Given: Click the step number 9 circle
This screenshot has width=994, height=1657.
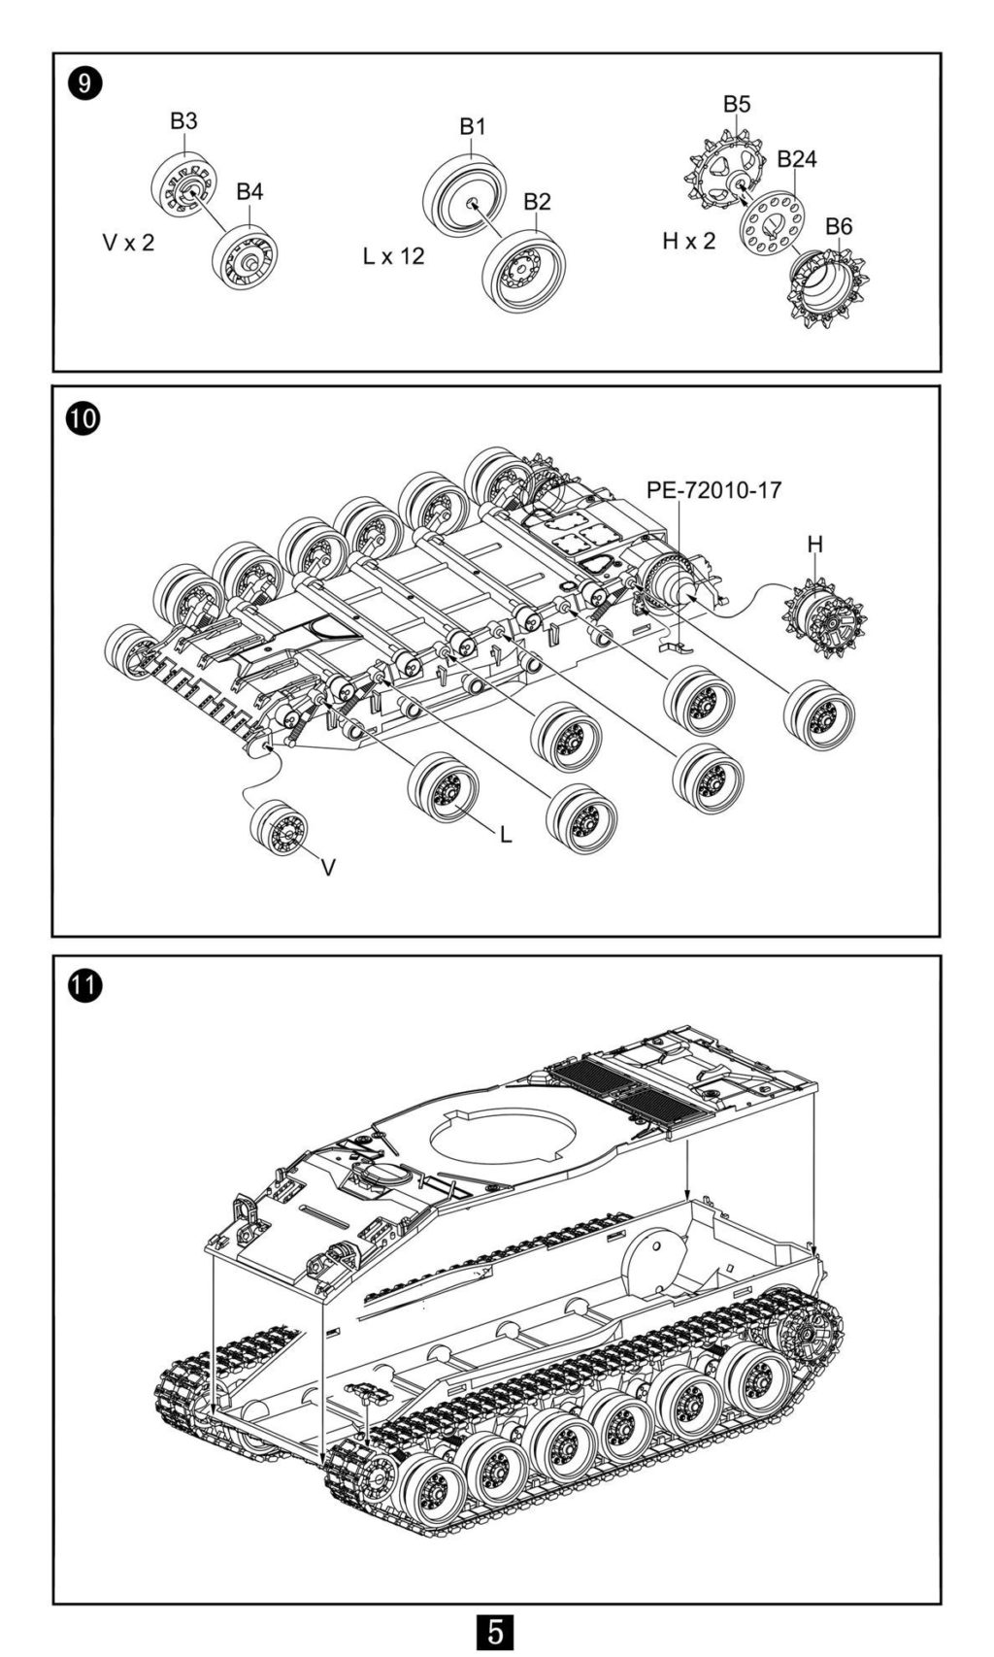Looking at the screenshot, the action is click(x=83, y=83).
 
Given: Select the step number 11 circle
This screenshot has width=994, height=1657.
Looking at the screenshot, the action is click(x=83, y=986).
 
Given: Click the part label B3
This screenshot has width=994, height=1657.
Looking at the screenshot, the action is click(x=183, y=120).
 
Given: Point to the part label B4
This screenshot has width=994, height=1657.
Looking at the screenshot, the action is click(x=249, y=191).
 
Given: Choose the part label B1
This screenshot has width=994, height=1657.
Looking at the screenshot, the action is click(x=472, y=126).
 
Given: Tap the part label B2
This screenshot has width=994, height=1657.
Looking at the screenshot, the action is click(x=537, y=201).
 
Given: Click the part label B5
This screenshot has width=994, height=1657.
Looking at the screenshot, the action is click(x=736, y=104).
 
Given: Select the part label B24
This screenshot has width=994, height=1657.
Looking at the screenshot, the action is click(x=796, y=159).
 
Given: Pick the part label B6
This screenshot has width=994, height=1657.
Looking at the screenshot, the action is click(x=839, y=226).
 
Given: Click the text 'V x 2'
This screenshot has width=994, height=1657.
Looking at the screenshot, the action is click(x=129, y=242).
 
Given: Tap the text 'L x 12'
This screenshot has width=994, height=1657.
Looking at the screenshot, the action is click(x=393, y=256).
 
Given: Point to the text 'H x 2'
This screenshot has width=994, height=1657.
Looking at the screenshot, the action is click(x=688, y=241).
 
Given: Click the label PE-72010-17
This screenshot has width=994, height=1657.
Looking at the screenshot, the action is click(x=712, y=489).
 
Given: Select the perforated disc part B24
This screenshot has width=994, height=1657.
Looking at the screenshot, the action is click(x=773, y=223).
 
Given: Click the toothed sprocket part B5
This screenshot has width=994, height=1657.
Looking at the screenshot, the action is click(x=721, y=170).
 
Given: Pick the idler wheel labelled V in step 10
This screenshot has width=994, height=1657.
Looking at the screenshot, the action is click(x=279, y=828).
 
